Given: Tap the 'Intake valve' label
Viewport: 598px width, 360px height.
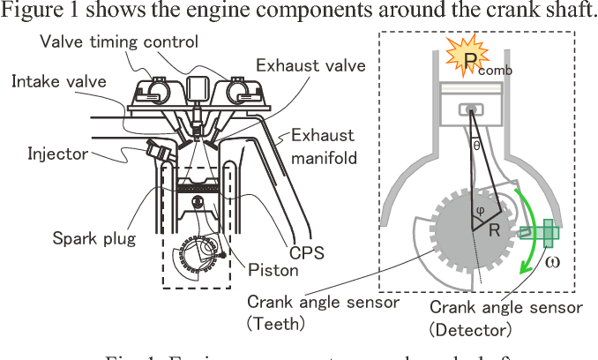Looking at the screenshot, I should (58, 82).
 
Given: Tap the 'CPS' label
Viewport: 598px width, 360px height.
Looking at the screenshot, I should (302, 252).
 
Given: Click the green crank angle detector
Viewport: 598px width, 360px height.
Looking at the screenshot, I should (537, 234).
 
